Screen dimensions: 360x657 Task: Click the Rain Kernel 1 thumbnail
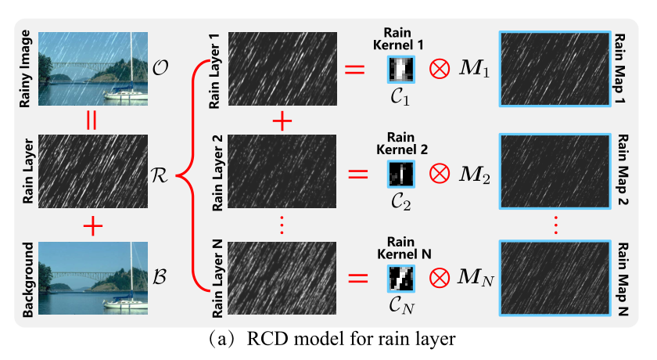(401, 70)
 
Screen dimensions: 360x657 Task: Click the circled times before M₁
(438, 70)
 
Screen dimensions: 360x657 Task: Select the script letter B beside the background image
(161, 278)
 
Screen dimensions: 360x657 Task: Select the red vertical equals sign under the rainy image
(93, 121)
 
